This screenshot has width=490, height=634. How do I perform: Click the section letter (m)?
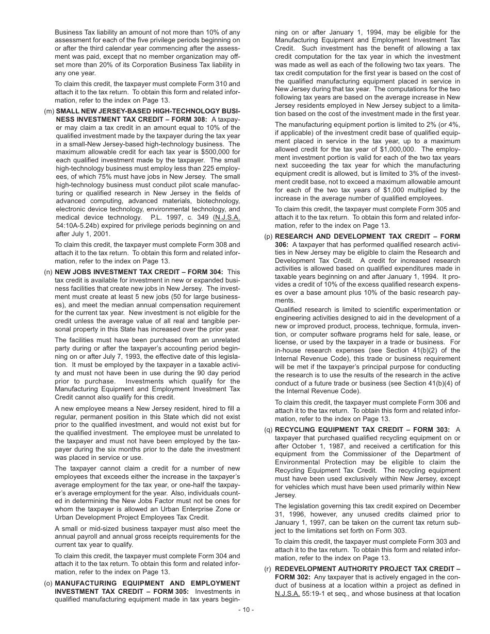tap(49, 111)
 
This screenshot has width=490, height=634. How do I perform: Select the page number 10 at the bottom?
tap(245, 610)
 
